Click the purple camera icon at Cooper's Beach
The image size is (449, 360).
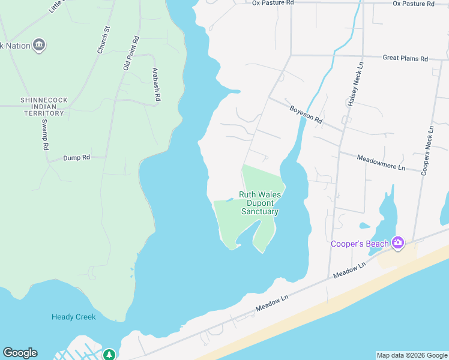397,242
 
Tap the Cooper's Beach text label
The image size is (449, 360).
360,244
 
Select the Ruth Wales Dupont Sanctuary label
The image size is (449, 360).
259,203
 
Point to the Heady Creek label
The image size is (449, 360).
74,317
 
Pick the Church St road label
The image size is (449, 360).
103,40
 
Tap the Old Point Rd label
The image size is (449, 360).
131,53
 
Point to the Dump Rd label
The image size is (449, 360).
77,158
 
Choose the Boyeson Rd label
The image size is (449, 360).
306,114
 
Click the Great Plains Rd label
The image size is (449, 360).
405,58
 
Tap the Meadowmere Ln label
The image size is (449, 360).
381,162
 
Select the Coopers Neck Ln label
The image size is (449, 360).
427,151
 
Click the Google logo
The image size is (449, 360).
20,353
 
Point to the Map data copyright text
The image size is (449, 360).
412,355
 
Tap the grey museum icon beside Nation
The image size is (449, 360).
40,44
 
